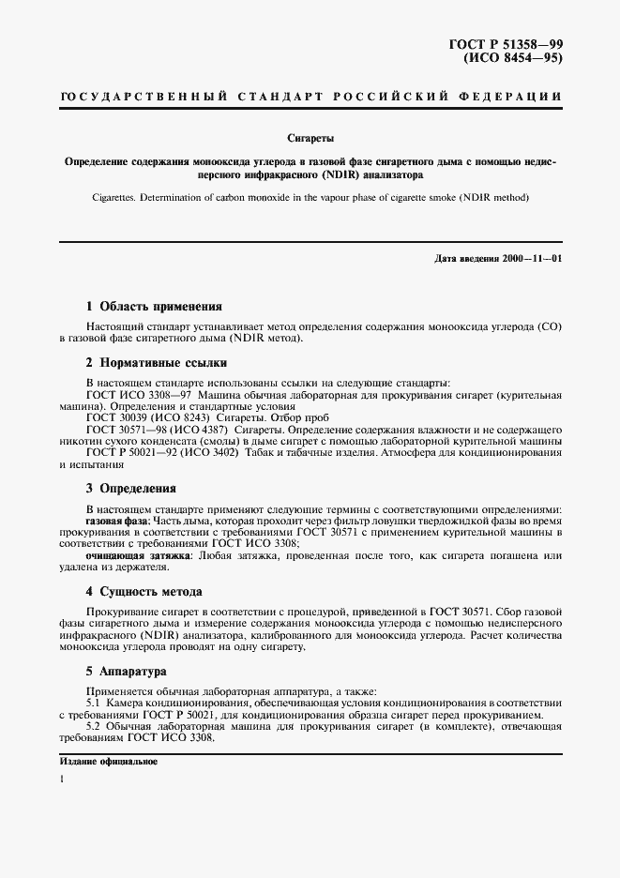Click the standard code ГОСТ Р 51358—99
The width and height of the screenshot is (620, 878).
[507, 44]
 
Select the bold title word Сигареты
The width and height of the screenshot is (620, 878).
[310, 137]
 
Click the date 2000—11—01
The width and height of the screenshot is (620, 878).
[530, 258]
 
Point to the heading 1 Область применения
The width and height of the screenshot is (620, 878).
[154, 306]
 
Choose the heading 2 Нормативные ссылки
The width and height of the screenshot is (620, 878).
[157, 363]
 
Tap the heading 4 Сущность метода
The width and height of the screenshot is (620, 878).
[144, 592]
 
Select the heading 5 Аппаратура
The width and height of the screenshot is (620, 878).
[127, 673]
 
